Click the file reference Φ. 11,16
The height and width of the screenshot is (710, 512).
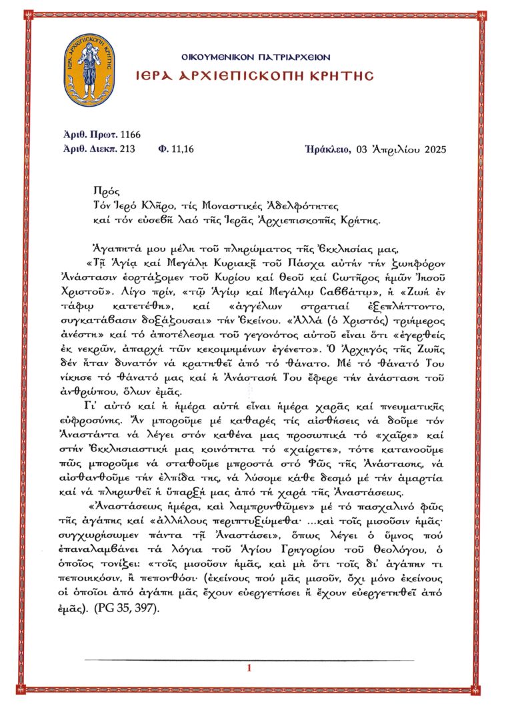click(x=175, y=148)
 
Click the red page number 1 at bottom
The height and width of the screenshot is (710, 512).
click(x=249, y=668)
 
